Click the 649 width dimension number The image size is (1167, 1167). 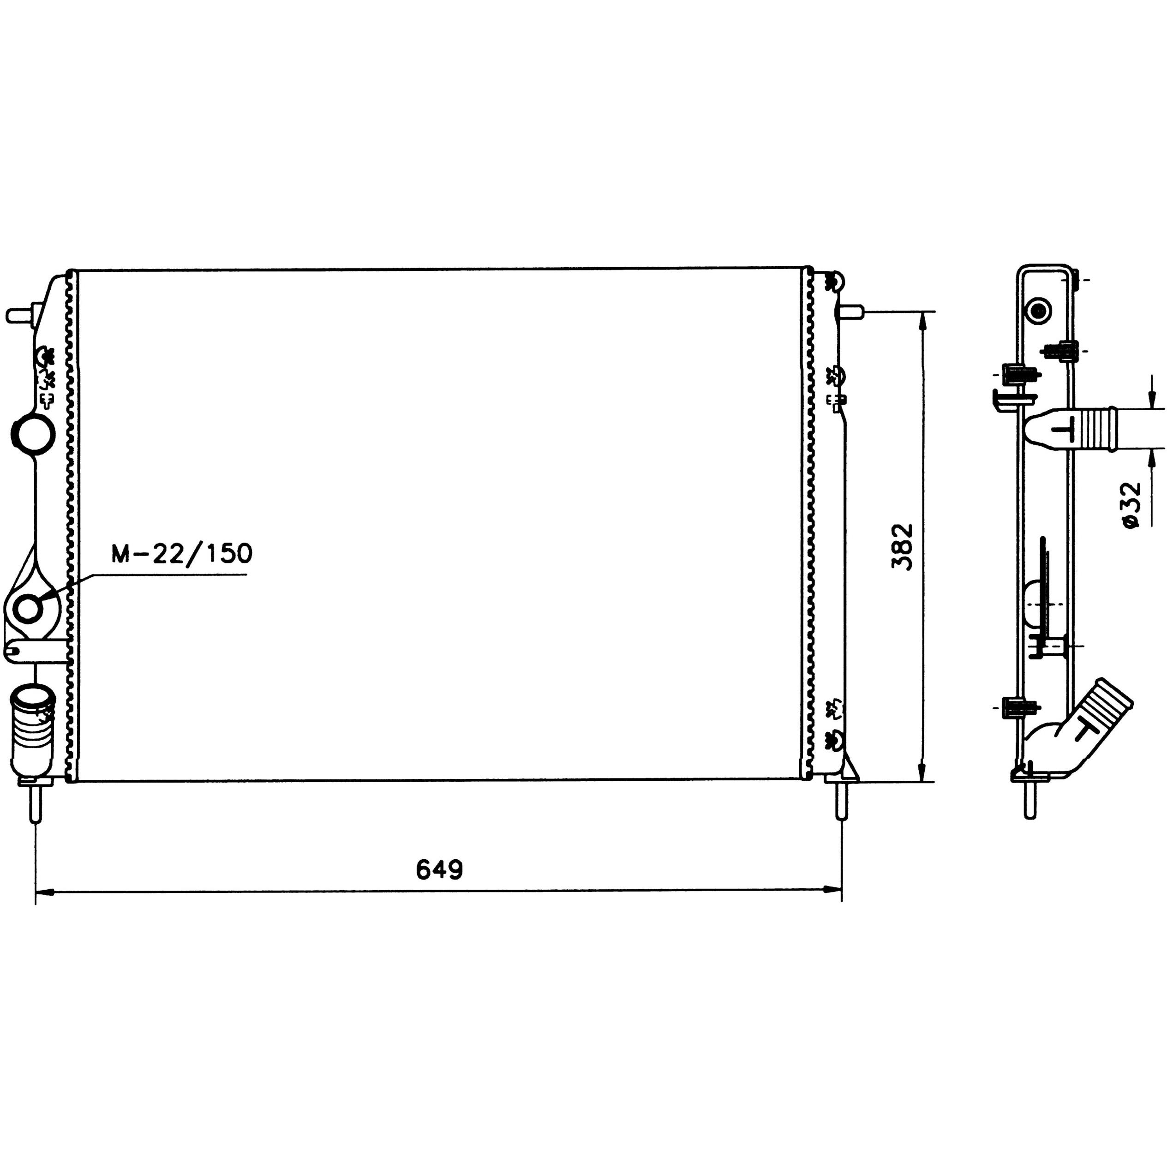coord(439,870)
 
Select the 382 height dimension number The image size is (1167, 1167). coord(903,547)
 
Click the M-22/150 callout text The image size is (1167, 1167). coord(181,553)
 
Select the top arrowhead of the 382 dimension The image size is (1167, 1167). coord(922,321)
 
